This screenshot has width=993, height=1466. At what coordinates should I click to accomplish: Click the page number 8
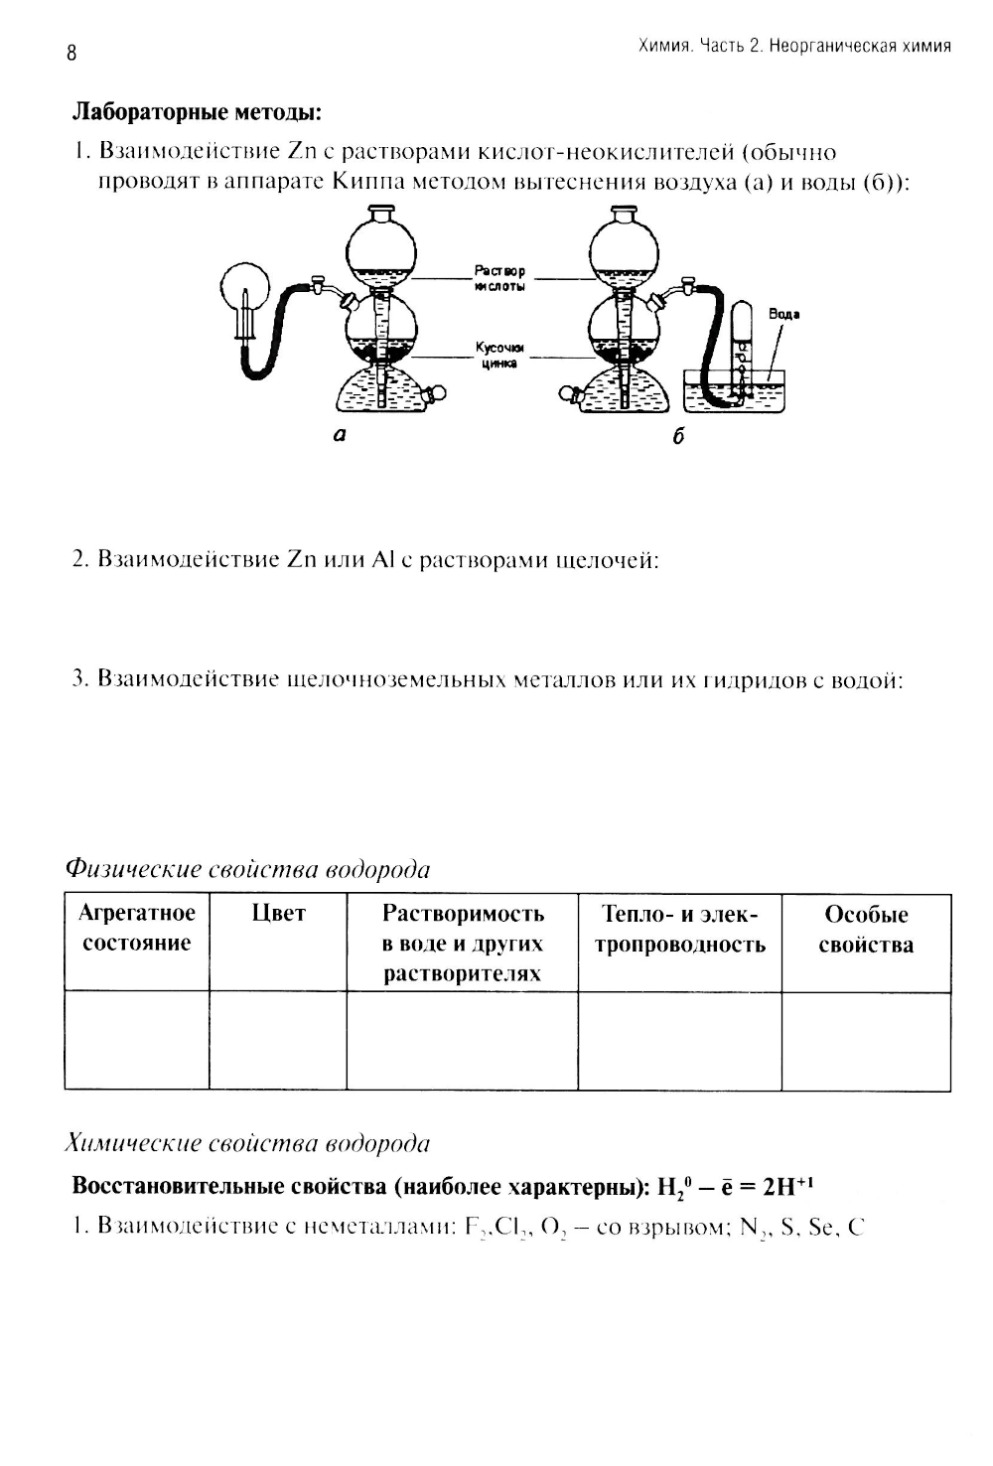(71, 54)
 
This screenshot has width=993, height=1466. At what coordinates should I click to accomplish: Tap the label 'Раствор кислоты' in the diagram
(499, 277)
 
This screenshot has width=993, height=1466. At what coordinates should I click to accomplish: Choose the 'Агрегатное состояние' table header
(137, 928)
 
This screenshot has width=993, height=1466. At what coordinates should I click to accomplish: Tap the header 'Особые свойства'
(866, 930)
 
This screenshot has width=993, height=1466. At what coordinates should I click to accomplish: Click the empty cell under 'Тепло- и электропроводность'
(679, 1040)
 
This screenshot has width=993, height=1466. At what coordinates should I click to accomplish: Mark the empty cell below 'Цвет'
(278, 1040)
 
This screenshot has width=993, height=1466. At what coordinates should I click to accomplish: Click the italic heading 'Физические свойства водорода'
(247, 869)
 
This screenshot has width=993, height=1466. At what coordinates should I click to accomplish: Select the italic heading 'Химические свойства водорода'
(247, 1143)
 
